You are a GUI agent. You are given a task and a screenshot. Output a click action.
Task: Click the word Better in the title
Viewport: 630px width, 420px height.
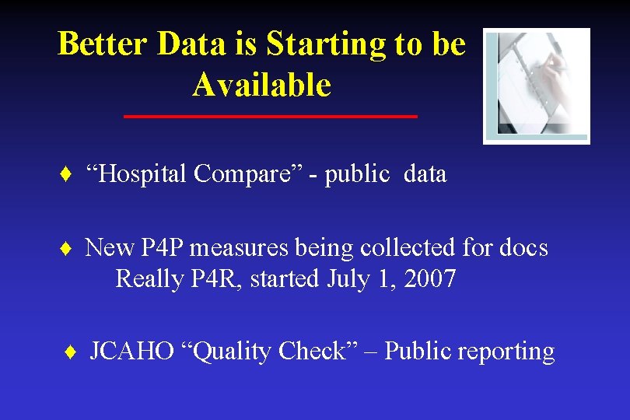pyautogui.click(x=103, y=44)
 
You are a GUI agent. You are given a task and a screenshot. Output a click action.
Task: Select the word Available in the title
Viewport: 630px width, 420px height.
pyautogui.click(x=261, y=85)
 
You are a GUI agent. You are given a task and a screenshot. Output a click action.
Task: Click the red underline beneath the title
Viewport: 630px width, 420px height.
pyautogui.click(x=271, y=117)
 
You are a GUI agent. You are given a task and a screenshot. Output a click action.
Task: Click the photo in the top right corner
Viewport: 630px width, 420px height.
pyautogui.click(x=536, y=86)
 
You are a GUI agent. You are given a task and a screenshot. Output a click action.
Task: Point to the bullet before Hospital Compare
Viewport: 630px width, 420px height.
pyautogui.click(x=66, y=174)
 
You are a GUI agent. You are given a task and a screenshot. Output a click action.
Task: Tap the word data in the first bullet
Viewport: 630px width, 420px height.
pyautogui.click(x=425, y=174)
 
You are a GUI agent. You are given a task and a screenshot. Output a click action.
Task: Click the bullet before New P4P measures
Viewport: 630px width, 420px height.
pyautogui.click(x=66, y=249)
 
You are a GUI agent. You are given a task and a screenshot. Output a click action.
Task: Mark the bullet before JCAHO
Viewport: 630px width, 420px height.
pyautogui.click(x=70, y=352)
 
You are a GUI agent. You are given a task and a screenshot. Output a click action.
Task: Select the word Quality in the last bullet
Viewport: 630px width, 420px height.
pyautogui.click(x=229, y=352)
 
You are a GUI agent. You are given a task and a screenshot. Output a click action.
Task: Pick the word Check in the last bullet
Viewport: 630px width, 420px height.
pyautogui.click(x=315, y=352)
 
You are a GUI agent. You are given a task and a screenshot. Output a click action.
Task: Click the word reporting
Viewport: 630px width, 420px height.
pyautogui.click(x=506, y=352)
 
